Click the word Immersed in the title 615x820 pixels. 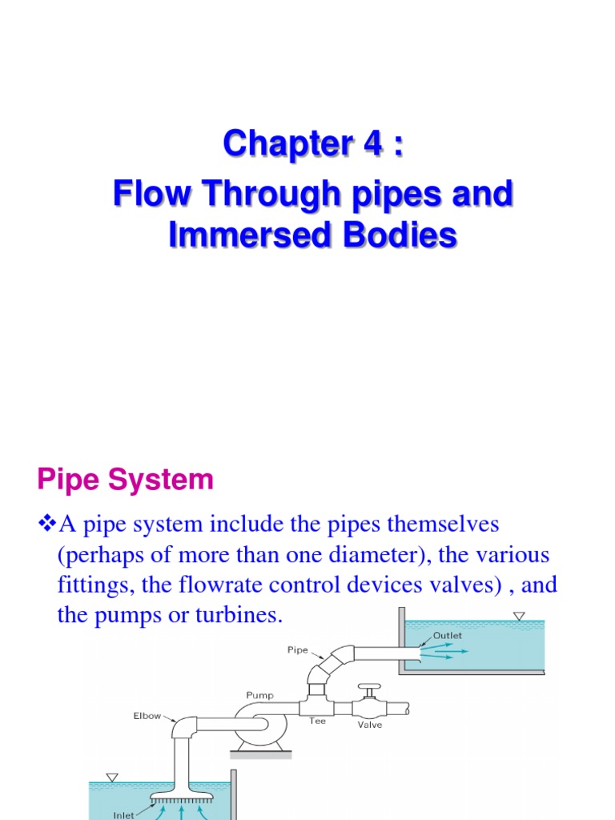pos(245,237)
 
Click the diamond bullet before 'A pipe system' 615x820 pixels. pos(46,525)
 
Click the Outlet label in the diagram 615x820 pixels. pos(447,635)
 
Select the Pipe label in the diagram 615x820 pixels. pos(297,649)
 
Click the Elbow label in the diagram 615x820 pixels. pos(148,716)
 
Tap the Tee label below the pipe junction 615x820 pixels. pos(318,720)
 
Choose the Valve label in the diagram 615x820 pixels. pos(370,724)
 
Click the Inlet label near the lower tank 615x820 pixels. pos(123,815)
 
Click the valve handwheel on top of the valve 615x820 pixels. pos(369,688)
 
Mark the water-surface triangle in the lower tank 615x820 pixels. pos(111,777)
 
